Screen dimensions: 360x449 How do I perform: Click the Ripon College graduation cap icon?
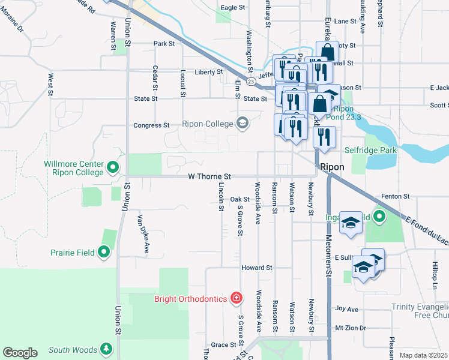click(x=243, y=124)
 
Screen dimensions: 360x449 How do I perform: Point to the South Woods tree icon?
click(x=106, y=349)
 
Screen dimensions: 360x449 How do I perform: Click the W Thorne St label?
click(x=209, y=177)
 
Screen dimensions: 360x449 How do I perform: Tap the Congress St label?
click(x=151, y=125)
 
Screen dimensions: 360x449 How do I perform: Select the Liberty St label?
click(x=208, y=72)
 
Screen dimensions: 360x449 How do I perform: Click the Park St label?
click(x=163, y=44)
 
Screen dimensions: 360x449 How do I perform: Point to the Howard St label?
click(x=257, y=267)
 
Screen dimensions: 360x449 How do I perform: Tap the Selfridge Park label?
click(x=370, y=150)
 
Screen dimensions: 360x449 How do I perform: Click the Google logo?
click(x=20, y=353)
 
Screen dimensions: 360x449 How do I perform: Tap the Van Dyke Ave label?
click(x=144, y=233)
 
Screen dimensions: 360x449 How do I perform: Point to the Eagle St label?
click(x=234, y=8)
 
